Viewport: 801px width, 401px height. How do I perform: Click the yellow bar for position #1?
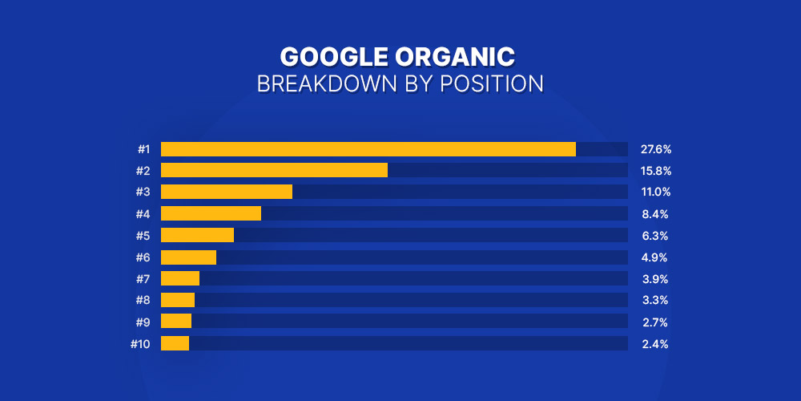(368, 149)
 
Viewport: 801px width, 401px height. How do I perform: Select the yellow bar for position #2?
(274, 170)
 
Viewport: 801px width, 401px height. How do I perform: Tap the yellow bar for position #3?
(227, 192)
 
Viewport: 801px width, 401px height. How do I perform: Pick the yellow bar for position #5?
(197, 235)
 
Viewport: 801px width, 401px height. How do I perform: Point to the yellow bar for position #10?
(175, 343)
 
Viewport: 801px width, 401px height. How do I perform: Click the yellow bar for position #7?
(180, 278)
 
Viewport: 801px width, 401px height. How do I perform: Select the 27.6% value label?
(656, 150)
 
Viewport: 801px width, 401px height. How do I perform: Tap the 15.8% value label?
(656, 172)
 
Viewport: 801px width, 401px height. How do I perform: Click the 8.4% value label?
(655, 214)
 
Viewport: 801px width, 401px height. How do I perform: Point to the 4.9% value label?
(655, 257)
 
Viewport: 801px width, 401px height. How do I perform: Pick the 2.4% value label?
(655, 344)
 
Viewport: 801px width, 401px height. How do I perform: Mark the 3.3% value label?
(655, 301)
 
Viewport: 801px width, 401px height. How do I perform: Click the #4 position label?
(143, 214)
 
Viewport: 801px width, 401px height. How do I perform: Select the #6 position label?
(143, 257)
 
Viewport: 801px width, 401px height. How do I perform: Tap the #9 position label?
(143, 322)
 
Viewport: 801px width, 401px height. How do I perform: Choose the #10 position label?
(140, 344)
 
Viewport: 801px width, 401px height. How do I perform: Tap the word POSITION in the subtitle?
(492, 85)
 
